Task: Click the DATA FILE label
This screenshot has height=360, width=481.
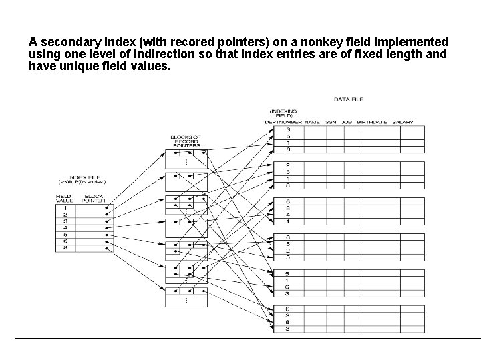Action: [x=349, y=99]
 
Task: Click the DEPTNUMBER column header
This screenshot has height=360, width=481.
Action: [x=283, y=122]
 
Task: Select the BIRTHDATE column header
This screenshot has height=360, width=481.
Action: [x=372, y=122]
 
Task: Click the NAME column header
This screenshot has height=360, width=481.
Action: [x=312, y=122]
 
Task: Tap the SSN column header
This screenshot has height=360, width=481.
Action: [x=331, y=122]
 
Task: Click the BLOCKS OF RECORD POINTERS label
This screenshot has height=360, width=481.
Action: [x=187, y=141]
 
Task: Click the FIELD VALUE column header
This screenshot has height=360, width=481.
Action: [x=64, y=198]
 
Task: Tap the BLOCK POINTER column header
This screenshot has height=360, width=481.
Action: [x=94, y=198]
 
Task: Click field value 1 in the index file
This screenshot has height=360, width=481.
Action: [x=65, y=208]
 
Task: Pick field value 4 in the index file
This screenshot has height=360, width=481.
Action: [x=65, y=228]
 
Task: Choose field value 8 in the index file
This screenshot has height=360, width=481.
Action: [x=65, y=248]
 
